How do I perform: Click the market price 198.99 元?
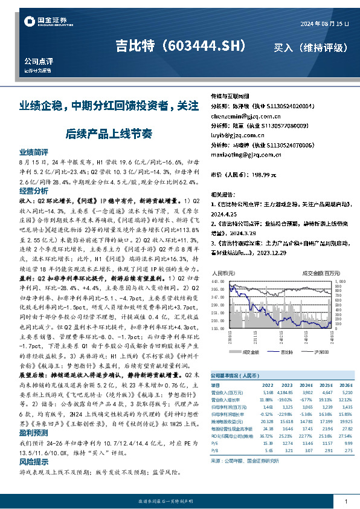(262, 175)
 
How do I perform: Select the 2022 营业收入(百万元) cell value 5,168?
(267, 392)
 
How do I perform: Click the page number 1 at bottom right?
(345, 502)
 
